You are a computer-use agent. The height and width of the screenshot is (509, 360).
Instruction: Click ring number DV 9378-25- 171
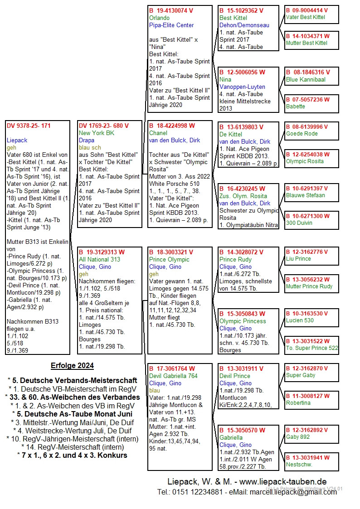29,126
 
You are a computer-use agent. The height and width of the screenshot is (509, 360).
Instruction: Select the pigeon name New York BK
97,133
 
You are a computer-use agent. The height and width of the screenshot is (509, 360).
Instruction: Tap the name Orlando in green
159,18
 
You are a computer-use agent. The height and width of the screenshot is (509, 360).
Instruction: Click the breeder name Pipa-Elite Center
171,25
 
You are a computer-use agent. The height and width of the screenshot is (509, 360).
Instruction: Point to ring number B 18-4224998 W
172,126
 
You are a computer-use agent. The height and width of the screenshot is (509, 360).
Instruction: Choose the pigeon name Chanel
159,133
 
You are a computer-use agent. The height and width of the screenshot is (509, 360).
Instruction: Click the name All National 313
100,260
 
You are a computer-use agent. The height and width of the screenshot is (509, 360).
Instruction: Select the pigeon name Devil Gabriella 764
173,376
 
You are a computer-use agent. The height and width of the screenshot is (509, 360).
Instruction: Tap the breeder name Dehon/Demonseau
244,25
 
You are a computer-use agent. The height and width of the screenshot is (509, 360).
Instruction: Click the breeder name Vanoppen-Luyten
242,87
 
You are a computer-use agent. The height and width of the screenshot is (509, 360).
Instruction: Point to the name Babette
296,107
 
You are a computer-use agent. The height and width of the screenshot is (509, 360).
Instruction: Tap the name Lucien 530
300,320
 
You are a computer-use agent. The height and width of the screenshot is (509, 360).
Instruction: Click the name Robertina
298,403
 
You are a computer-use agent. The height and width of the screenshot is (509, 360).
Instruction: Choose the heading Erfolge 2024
72,366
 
